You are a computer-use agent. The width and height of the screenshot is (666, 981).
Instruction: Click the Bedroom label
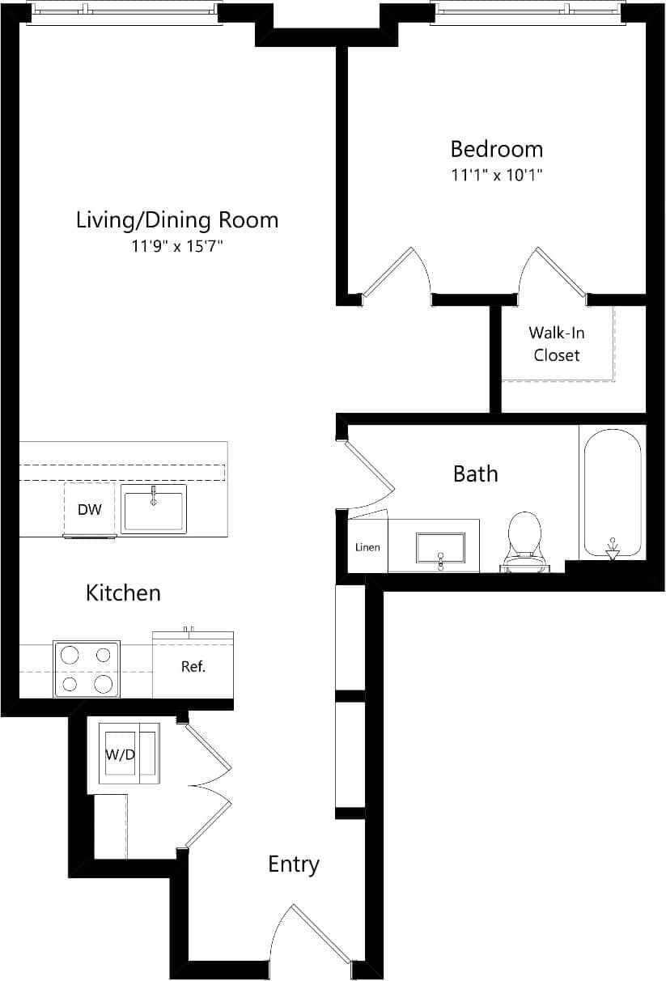(496, 149)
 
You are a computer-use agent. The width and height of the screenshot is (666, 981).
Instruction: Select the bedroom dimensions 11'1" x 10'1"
(496, 174)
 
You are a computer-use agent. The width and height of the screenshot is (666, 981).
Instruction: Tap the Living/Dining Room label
(176, 219)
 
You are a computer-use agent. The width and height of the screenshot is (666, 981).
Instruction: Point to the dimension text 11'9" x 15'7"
(176, 245)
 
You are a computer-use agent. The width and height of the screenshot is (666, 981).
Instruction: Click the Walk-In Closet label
(557, 343)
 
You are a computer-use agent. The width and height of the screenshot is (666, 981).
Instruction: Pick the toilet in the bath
(524, 540)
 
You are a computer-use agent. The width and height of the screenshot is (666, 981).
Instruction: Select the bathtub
(612, 493)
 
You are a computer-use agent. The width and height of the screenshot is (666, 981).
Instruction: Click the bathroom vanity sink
(440, 547)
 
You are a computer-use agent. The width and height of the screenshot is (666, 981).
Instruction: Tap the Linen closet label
(367, 547)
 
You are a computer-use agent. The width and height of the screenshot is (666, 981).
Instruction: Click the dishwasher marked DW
(89, 509)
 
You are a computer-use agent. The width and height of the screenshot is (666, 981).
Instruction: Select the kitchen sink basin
(153, 509)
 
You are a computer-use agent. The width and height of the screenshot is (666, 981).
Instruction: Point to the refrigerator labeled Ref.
(193, 667)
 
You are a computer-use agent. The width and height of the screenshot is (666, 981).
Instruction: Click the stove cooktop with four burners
(87, 669)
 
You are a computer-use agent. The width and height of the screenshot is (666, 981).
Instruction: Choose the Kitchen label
(123, 592)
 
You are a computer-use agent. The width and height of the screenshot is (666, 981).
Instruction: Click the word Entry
(294, 864)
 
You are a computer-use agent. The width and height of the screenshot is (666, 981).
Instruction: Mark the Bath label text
(475, 474)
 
